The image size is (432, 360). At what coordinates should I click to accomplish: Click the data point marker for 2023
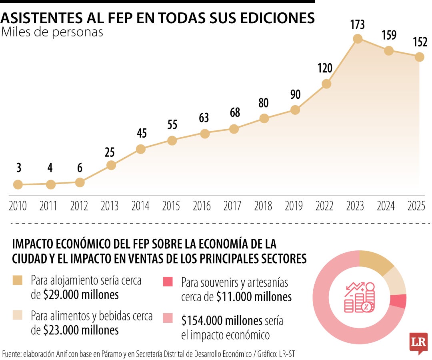[x=358, y=39]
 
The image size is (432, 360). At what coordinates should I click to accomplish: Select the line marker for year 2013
[x=111, y=165]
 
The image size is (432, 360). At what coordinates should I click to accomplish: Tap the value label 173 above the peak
[x=358, y=25]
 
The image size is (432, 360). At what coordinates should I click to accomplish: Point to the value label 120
[x=325, y=68]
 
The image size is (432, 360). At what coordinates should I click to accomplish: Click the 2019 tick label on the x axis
[x=294, y=206]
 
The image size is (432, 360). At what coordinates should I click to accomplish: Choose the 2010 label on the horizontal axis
[x=18, y=206]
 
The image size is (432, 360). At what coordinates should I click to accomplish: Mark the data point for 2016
[x=205, y=134]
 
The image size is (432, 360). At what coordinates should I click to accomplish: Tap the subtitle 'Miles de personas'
[x=52, y=32]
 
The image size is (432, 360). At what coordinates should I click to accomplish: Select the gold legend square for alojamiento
[x=18, y=280]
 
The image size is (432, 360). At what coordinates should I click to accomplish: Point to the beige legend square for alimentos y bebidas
[x=18, y=316]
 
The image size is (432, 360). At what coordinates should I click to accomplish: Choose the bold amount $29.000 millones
[x=81, y=295]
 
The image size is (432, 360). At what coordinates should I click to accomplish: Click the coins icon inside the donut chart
[x=359, y=298]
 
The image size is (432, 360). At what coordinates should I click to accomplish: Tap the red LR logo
[x=418, y=342]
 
